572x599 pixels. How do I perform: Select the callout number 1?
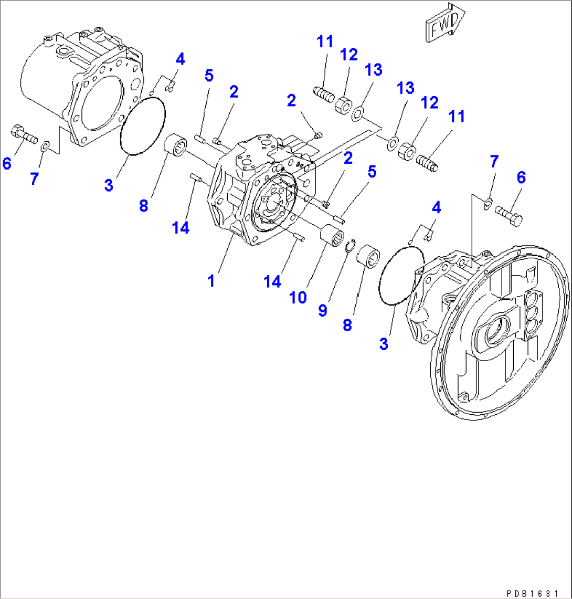pyautogui.click(x=211, y=281)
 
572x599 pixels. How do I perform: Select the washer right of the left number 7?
pyautogui.click(x=46, y=145)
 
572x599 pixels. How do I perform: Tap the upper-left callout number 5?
pyautogui.click(x=209, y=76)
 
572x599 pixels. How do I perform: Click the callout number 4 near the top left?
pyautogui.click(x=179, y=59)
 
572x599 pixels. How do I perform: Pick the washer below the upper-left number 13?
pyautogui.click(x=358, y=112)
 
